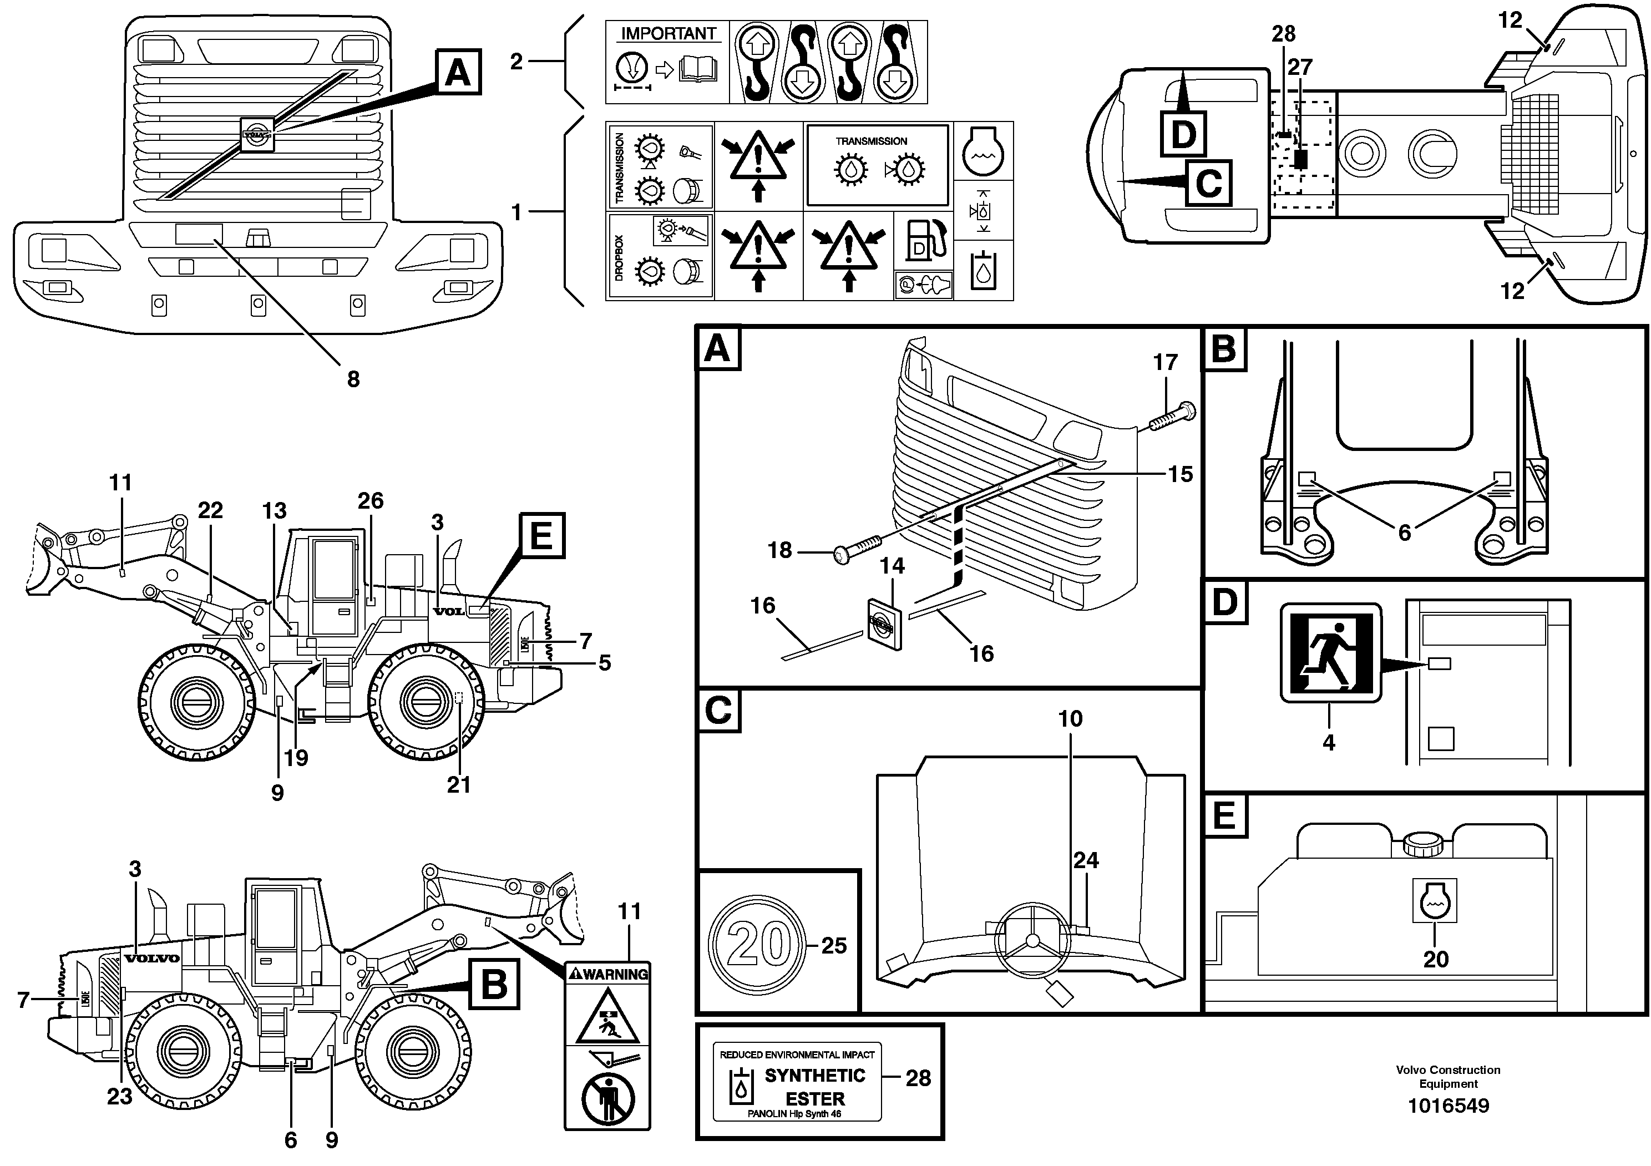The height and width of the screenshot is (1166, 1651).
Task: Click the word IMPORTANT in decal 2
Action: point(668,34)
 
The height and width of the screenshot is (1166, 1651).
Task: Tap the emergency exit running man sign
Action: point(1330,653)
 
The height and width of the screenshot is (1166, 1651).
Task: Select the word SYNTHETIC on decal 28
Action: point(815,1076)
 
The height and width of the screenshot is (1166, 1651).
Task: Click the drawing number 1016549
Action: point(1447,1106)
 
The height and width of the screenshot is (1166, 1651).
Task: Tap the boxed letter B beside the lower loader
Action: point(494,984)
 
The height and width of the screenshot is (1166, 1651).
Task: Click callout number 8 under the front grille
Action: point(353,379)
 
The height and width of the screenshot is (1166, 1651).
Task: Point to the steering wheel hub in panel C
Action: point(1032,941)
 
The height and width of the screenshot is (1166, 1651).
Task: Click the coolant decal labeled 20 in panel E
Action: point(1435,899)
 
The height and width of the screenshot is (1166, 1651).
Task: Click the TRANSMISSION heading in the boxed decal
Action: point(871,141)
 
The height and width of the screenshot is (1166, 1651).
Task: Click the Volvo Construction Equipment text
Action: point(1447,1076)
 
